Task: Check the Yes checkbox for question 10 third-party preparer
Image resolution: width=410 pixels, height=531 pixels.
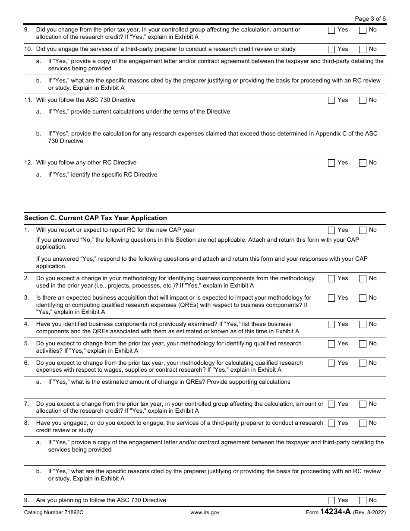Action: coord(331,49)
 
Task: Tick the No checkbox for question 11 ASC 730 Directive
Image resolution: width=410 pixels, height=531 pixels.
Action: coord(363,100)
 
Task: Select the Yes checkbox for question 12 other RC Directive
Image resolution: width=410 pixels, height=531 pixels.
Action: coord(331,163)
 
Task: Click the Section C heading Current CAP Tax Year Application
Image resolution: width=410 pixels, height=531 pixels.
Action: coord(95,218)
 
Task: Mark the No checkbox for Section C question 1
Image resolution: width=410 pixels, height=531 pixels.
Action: coord(363,230)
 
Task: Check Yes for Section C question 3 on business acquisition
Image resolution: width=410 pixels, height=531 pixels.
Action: coord(331,298)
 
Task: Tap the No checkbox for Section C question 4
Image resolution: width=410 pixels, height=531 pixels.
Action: coord(363,324)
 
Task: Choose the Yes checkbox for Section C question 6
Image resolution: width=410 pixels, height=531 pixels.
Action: coord(331,363)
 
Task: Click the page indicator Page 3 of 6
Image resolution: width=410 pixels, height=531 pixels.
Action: coord(370,19)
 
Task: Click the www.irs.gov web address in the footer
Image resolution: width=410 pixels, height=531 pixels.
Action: coord(205,512)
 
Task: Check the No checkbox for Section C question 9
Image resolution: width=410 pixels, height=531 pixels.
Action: coord(363,500)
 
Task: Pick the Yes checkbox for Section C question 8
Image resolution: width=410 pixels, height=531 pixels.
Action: coord(331,423)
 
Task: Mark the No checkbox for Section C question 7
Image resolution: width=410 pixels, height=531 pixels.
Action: coord(363,404)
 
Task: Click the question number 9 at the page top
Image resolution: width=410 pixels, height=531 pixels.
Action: coord(26,30)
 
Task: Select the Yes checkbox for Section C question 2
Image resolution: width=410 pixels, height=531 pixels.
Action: coord(331,278)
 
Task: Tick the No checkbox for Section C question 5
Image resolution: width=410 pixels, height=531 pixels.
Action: coord(363,344)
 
